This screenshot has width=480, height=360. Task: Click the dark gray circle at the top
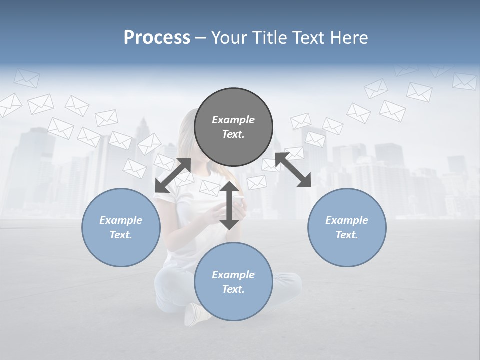pos(233,127)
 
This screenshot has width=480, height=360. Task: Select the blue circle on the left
pos(121,227)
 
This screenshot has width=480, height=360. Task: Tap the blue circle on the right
pos(347,227)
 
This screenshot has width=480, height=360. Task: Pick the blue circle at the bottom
pos(233,282)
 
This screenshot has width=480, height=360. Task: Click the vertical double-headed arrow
pos(229,205)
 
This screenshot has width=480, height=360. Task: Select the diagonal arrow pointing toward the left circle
pos(173,175)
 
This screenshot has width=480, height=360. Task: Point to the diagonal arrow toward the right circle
pos(293,170)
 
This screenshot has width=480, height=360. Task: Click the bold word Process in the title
pos(157,38)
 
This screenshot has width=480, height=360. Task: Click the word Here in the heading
pos(349,38)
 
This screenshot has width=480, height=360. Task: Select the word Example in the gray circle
pos(233,120)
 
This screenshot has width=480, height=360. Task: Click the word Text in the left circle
pos(120,235)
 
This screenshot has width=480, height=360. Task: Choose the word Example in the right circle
pos(347,220)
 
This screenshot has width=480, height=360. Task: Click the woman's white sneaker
pos(193,314)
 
